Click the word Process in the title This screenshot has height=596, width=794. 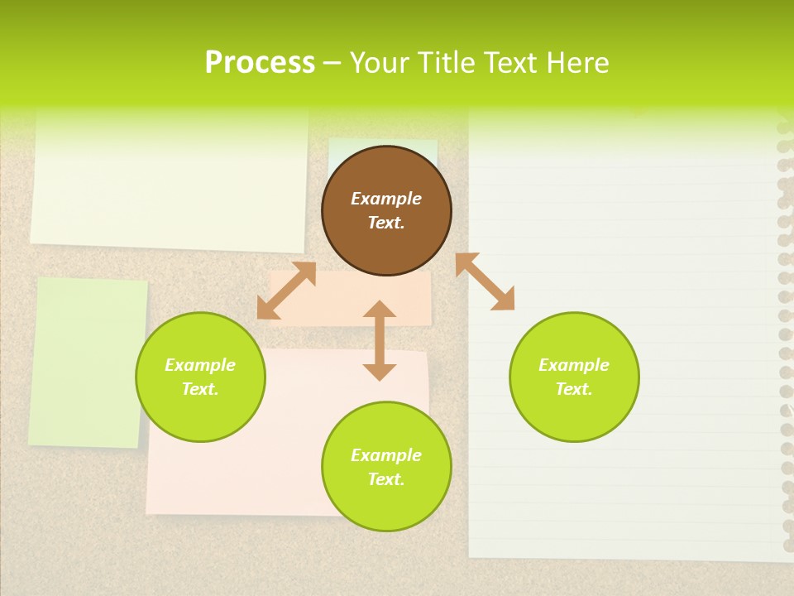[260, 63]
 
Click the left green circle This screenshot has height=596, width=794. [200, 414]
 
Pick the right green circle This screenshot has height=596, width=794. [574, 414]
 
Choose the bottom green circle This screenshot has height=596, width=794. [386, 505]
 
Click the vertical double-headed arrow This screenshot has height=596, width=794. [380, 340]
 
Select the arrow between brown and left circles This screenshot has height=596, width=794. [286, 291]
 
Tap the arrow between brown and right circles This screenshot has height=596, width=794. [485, 281]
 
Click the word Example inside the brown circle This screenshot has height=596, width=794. [386, 199]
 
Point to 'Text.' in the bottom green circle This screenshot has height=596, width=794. [386, 479]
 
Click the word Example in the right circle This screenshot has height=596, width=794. [574, 365]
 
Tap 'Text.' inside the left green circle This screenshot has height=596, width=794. [200, 389]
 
